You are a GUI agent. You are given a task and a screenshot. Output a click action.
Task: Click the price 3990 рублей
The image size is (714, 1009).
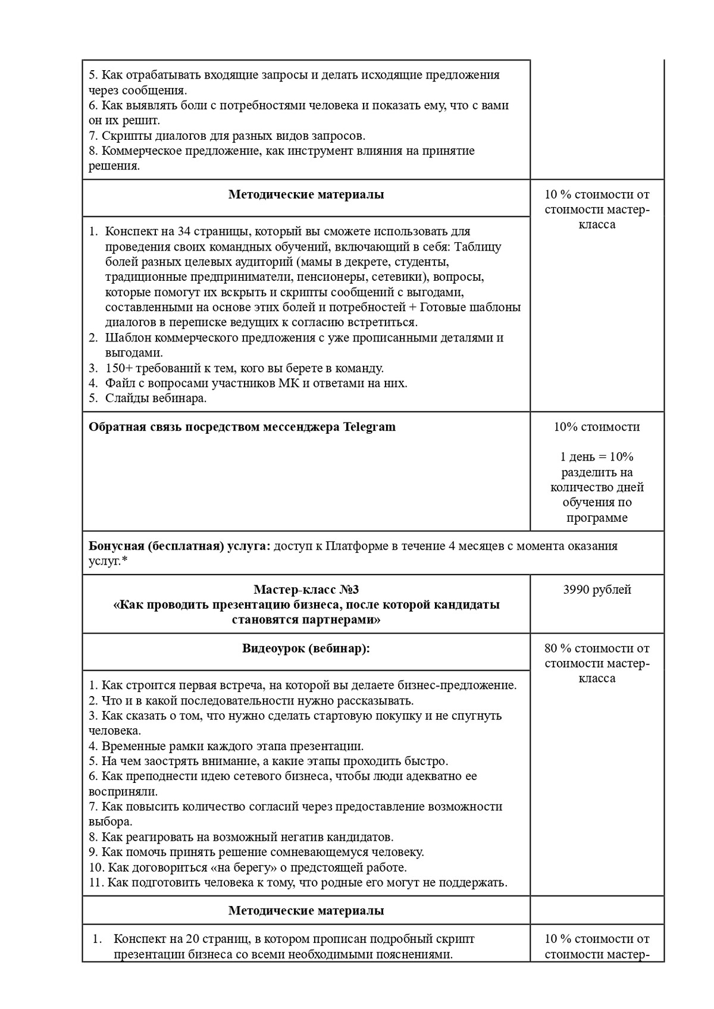(x=597, y=590)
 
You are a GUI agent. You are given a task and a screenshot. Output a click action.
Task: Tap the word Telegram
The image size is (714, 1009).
(x=369, y=427)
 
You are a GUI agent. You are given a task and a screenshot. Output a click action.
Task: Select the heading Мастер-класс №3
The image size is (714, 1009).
(x=306, y=590)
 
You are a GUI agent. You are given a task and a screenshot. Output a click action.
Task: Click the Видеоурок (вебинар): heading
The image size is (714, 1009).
(x=306, y=648)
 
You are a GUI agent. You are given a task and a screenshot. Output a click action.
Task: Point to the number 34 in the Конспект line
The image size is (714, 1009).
(x=184, y=231)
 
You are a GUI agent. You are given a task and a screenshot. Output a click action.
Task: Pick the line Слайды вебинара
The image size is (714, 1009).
(x=156, y=399)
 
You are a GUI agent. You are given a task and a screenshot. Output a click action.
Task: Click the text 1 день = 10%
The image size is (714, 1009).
(x=597, y=457)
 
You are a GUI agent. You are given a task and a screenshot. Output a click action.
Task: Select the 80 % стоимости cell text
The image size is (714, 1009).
(x=597, y=648)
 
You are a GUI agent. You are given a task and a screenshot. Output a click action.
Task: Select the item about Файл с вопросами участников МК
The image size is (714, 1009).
(x=256, y=383)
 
